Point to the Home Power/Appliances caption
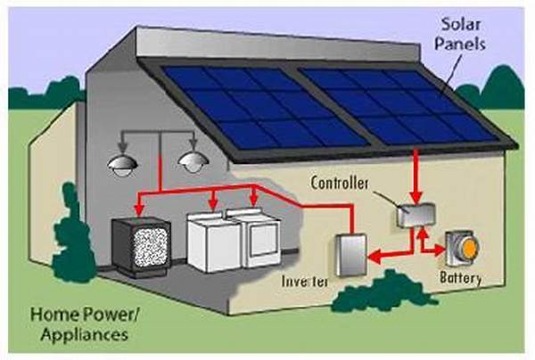pos(78,323)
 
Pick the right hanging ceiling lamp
pos(191,161)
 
